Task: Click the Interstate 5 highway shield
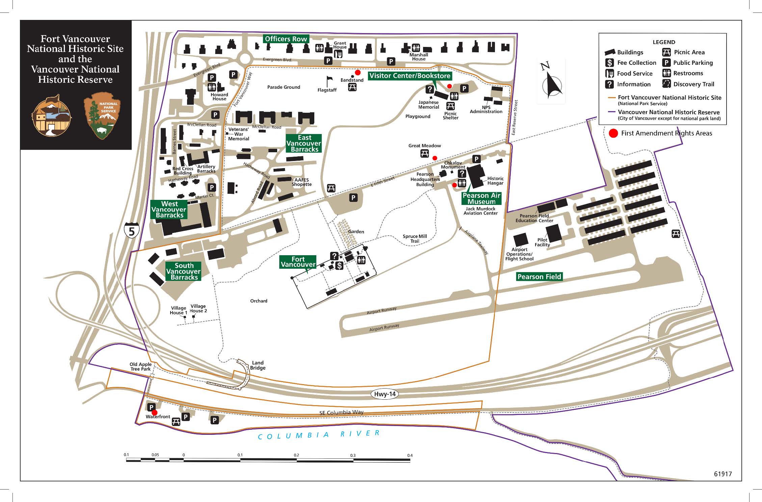[x=131, y=231]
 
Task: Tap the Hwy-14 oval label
[x=385, y=394]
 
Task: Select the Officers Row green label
[x=286, y=39]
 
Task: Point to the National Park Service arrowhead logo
[x=103, y=115]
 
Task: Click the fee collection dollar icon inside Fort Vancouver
[x=339, y=266]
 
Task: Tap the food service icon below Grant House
[x=338, y=54]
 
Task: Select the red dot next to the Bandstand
[x=358, y=73]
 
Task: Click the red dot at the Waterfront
[x=154, y=412]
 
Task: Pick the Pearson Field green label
[x=539, y=277]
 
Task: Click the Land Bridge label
[x=258, y=365]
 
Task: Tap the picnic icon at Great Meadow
[x=424, y=154]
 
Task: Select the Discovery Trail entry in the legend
[x=689, y=84]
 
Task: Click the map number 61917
[x=722, y=474]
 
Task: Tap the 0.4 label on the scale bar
[x=410, y=455]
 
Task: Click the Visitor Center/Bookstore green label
[x=410, y=76]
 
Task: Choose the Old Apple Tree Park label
[x=140, y=367]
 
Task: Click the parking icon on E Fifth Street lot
[x=353, y=198]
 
